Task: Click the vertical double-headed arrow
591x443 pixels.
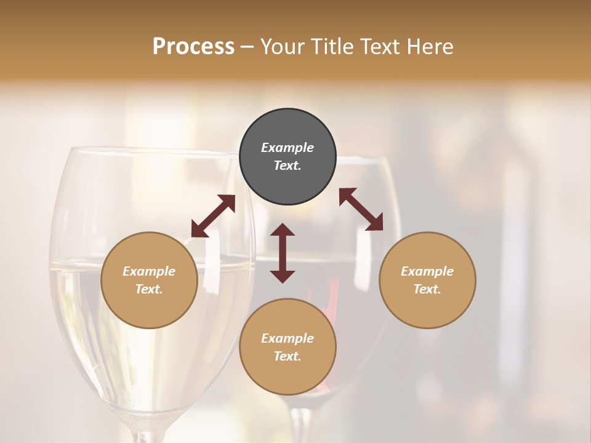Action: point(283,253)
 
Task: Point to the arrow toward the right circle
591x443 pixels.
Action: point(361,209)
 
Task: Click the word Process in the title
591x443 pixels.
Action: point(193,46)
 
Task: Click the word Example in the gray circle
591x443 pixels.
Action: point(287,148)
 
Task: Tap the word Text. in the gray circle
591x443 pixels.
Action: point(287,166)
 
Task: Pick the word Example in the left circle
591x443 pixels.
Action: point(149,271)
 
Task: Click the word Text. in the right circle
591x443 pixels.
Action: point(427,289)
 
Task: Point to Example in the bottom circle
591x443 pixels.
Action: point(287,338)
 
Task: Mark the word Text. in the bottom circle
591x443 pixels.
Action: point(287,356)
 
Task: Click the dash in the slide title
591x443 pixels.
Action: point(247,47)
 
